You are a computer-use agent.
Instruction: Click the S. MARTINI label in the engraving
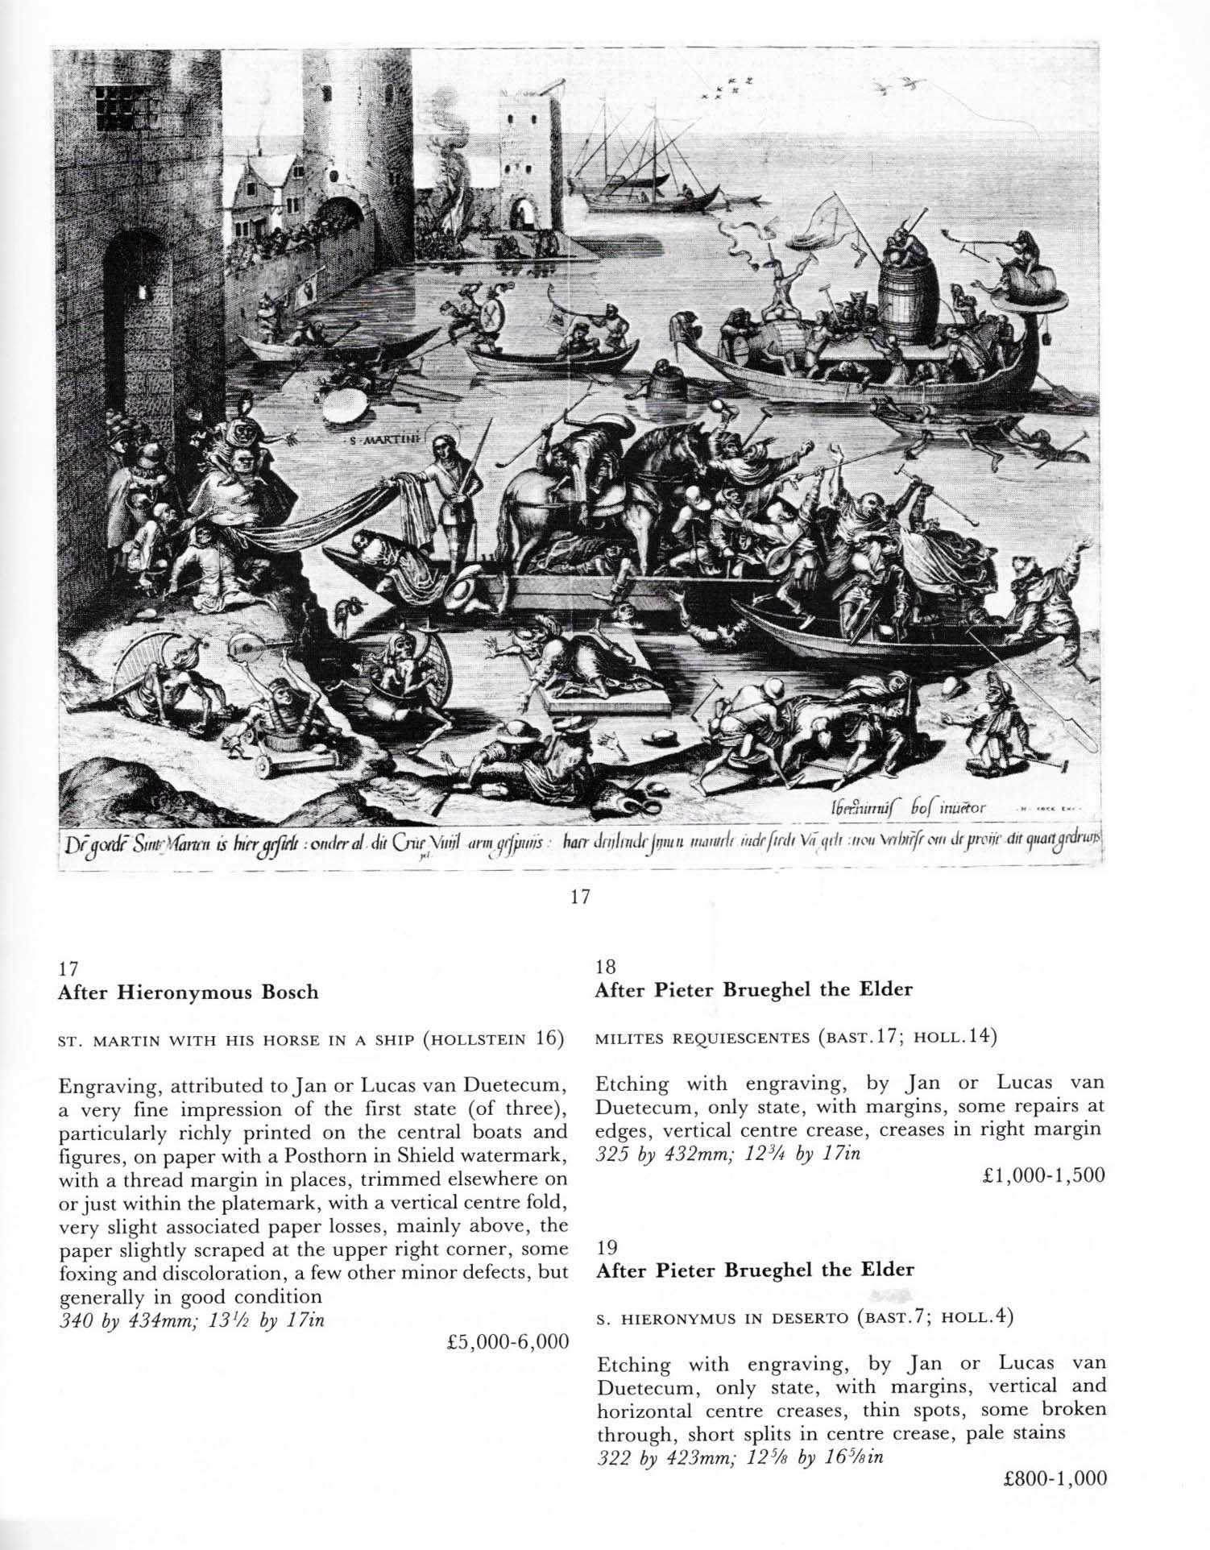pyautogui.click(x=379, y=441)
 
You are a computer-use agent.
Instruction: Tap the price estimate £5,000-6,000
pyautogui.click(x=507, y=1341)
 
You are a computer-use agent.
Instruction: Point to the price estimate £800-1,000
pyautogui.click(x=1055, y=1477)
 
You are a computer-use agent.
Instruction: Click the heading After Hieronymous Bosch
pyautogui.click(x=188, y=992)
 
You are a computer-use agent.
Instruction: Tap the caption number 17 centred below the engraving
pyautogui.click(x=580, y=897)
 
